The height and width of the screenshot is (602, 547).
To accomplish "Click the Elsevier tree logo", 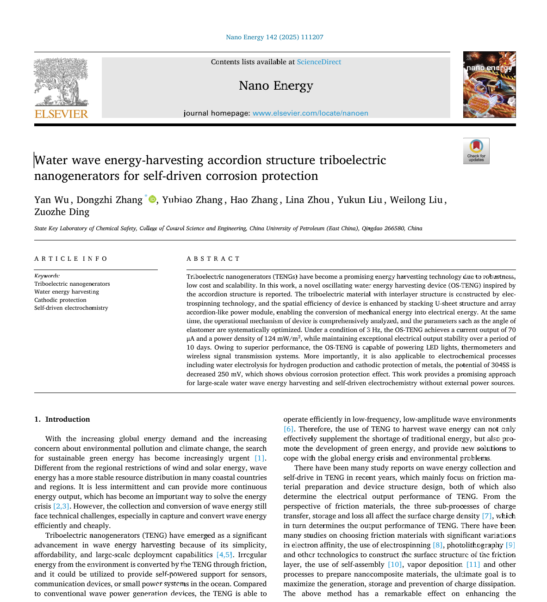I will click(61, 82).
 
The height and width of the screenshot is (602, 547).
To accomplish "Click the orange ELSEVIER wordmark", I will click(61, 114).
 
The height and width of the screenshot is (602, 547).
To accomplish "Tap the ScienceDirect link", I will click(319, 62).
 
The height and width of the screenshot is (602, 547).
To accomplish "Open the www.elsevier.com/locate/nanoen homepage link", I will click(310, 113).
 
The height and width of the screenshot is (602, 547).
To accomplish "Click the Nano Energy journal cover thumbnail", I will click(489, 85).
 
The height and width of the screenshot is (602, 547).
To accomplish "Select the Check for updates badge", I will click(476, 151).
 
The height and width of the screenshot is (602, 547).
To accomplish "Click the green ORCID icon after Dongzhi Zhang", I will click(152, 199).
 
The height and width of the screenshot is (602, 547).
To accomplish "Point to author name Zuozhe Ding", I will click(62, 212).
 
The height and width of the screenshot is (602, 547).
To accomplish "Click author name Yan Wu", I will click(51, 200).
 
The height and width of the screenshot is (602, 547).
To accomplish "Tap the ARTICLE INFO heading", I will click(71, 259).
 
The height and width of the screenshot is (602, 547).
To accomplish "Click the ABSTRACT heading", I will click(213, 259).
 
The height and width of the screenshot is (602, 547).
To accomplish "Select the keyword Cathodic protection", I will click(60, 300).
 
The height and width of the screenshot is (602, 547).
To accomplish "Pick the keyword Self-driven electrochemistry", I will click(71, 308).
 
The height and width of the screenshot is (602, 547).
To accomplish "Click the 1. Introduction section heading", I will click(62, 419).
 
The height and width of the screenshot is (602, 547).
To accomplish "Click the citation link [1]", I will click(260, 458).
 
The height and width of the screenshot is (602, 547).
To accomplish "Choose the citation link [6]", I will click(288, 429).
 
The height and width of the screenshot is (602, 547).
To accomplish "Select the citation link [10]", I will click(395, 565).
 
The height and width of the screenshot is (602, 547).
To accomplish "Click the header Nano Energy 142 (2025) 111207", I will click(274, 37).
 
